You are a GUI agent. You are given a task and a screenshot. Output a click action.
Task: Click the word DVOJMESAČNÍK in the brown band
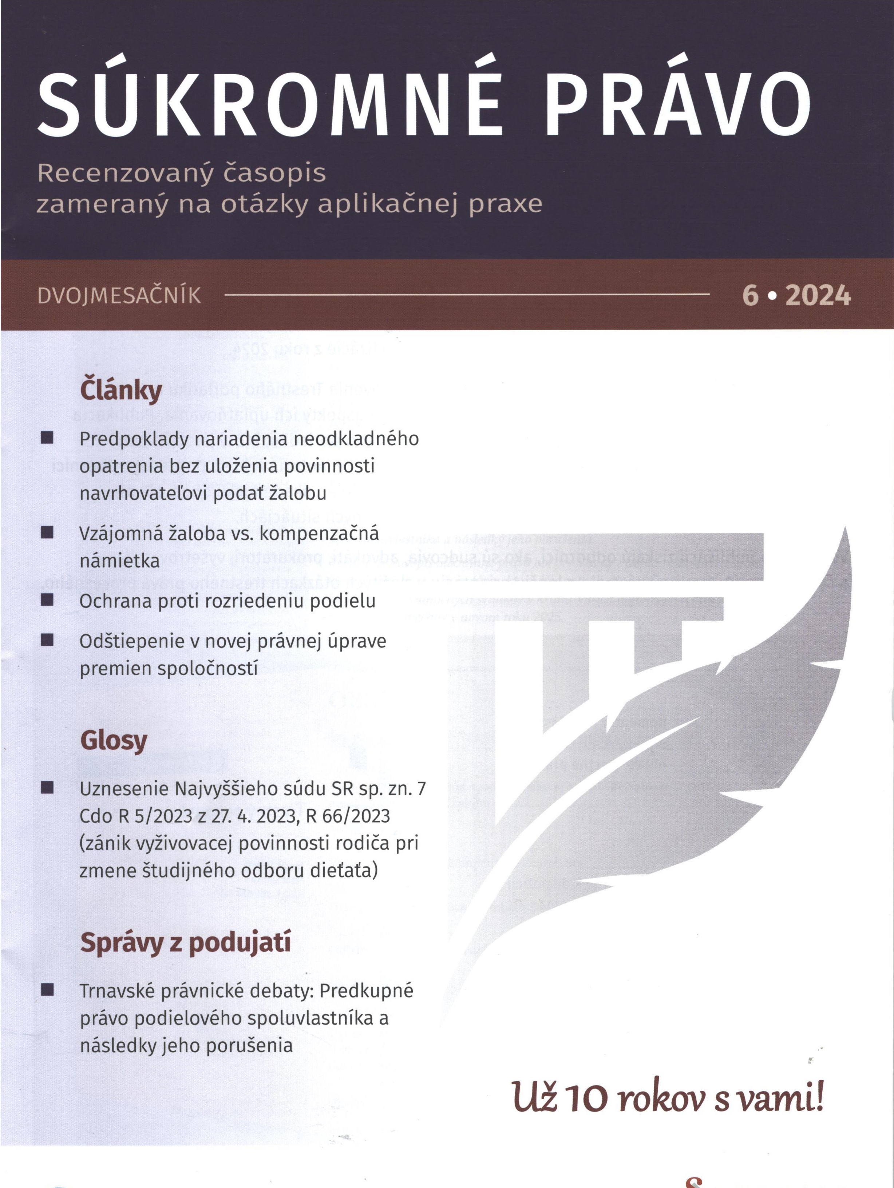119,296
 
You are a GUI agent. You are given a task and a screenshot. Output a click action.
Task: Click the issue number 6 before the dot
750,296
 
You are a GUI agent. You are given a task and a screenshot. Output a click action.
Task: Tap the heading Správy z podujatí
185,943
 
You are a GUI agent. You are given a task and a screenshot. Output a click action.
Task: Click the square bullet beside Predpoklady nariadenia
47,438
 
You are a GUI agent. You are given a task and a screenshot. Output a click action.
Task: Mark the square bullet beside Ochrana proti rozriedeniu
47,600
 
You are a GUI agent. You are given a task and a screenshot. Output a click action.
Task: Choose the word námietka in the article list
119,561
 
